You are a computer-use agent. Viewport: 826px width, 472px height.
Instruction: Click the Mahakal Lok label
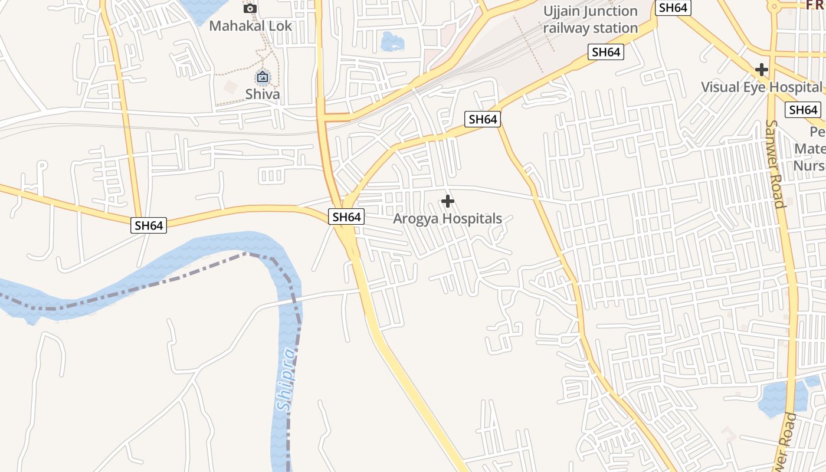pyautogui.click(x=250, y=26)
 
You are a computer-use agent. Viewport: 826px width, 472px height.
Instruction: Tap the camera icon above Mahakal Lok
pyautogui.click(x=250, y=8)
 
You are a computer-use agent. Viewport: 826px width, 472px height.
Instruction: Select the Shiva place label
pyautogui.click(x=263, y=94)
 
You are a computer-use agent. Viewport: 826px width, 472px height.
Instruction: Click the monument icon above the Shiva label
pyautogui.click(x=263, y=77)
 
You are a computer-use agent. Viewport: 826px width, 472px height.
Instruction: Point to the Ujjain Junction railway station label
pyautogui.click(x=591, y=19)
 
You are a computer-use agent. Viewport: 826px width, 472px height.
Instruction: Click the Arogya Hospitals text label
pyautogui.click(x=448, y=218)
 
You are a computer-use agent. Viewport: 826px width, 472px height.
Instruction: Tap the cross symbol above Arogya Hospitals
pyautogui.click(x=448, y=201)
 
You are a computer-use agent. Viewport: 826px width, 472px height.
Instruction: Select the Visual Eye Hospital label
pyautogui.click(x=761, y=87)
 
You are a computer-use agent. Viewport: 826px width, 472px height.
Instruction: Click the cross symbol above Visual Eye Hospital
pyautogui.click(x=762, y=70)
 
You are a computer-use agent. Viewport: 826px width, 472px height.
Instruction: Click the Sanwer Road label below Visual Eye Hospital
pyautogui.click(x=775, y=164)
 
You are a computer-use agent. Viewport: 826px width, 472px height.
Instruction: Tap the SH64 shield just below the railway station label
pyautogui.click(x=606, y=52)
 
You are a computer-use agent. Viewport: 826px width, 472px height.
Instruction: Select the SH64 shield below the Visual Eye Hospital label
pyautogui.click(x=803, y=110)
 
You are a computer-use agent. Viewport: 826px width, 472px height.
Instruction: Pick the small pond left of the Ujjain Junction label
pyautogui.click(x=392, y=42)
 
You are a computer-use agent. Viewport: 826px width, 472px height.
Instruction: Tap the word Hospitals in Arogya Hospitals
pyautogui.click(x=473, y=218)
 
